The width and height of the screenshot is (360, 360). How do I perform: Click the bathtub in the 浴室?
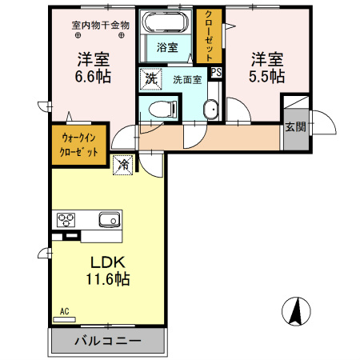tap(166, 22)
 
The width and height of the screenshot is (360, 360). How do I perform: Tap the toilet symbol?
tap(162, 109)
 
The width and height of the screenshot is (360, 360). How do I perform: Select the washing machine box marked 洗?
tap(151, 78)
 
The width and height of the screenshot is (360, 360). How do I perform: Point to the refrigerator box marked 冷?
tap(123, 165)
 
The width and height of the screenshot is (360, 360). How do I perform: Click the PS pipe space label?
tap(216, 72)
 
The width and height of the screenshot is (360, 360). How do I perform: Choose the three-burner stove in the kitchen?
tap(66, 220)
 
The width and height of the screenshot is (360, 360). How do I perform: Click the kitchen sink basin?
tap(110, 220)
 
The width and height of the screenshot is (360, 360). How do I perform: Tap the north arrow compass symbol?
tap(296, 311)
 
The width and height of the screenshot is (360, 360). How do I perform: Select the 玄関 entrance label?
tap(295, 127)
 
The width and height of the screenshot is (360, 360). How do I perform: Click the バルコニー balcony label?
tap(107, 341)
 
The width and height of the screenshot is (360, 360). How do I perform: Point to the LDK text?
tap(108, 262)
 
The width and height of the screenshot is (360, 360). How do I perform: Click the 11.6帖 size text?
tap(108, 279)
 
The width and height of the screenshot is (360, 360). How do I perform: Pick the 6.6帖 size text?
tap(93, 77)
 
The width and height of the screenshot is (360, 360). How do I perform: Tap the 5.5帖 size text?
tap(266, 76)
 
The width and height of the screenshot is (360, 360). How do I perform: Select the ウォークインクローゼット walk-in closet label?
tap(78, 145)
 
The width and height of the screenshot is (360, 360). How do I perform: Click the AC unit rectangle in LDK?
tap(65, 319)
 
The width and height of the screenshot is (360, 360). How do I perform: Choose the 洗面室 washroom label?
tap(187, 79)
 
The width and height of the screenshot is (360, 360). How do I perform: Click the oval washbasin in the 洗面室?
tap(211, 109)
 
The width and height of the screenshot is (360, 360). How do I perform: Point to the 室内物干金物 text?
tap(101, 26)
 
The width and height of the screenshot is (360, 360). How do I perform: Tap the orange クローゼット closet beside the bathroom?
tap(210, 36)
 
